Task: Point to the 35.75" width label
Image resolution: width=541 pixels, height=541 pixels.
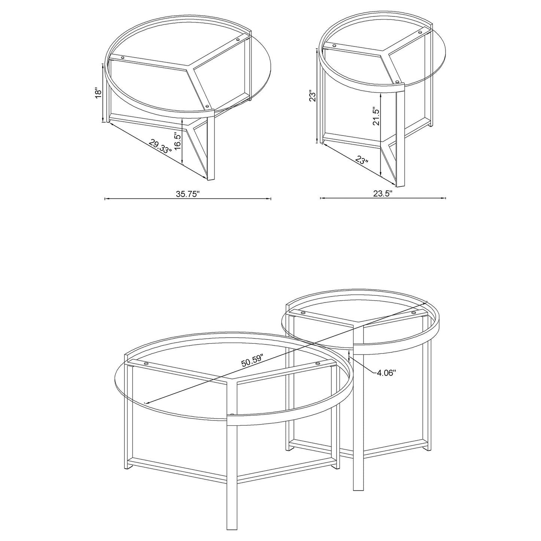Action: coord(188,194)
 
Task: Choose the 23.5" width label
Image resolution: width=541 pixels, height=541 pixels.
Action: coord(383,194)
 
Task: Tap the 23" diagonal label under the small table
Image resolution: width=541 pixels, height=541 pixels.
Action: coord(362,161)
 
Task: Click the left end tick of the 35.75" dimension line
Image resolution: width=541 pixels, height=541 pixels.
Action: coord(104,199)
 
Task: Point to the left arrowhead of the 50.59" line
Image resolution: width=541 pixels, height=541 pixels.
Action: coord(145,403)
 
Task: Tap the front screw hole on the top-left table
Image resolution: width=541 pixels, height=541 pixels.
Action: coord(207,106)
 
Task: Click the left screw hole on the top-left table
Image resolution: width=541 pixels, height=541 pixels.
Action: coord(122,57)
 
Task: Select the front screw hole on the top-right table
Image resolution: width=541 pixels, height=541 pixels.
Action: coord(397,80)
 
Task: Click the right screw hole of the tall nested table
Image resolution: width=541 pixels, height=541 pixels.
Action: coord(413,313)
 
